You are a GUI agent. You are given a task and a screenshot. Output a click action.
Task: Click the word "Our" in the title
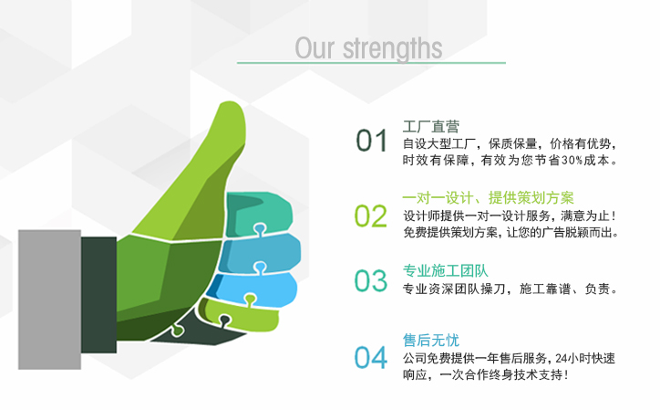click(x=315, y=48)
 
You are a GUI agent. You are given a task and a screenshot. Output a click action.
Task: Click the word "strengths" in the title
click(x=392, y=49)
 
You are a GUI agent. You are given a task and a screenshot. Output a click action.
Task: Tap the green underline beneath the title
click(x=371, y=63)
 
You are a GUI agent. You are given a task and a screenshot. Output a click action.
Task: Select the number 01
click(x=371, y=141)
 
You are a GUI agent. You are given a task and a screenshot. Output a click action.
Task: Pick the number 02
click(x=370, y=216)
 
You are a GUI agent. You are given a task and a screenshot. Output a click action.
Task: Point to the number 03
click(x=370, y=281)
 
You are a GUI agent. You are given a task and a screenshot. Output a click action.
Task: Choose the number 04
click(x=370, y=358)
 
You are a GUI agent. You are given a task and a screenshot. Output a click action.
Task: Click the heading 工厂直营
click(x=430, y=126)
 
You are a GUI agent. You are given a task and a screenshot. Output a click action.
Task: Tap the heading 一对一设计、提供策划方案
click(x=489, y=197)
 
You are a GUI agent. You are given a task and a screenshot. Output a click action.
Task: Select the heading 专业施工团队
click(x=446, y=271)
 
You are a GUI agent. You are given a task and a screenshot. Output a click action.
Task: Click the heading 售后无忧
click(x=430, y=340)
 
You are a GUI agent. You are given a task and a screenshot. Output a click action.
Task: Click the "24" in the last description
click(x=561, y=359)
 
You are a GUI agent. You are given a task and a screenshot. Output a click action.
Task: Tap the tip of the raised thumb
click(x=230, y=102)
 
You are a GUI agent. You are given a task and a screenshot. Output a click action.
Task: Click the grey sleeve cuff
click(x=49, y=300)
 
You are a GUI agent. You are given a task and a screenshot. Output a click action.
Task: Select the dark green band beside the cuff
click(x=99, y=295)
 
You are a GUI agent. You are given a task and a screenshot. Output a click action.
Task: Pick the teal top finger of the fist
click(x=258, y=213)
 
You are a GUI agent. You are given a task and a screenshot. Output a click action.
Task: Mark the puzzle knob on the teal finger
click(x=260, y=229)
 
